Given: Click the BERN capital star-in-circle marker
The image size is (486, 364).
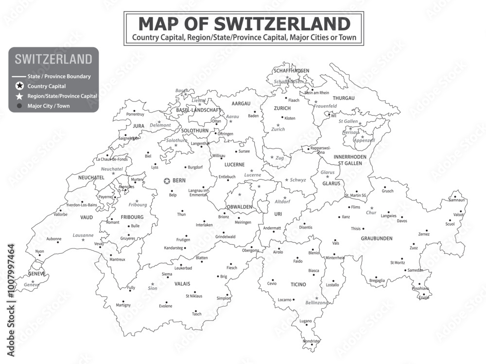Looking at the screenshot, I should click(167, 181).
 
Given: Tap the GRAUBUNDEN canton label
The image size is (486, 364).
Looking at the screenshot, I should click(377, 238).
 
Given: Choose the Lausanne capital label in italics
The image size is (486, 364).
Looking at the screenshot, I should click(83, 235).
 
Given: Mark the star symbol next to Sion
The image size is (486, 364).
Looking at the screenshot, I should click(153, 284).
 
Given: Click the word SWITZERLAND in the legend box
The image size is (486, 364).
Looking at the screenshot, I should click(53, 59).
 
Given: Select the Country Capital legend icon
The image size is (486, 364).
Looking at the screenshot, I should click(19, 86).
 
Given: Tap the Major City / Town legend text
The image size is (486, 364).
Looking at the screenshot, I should click(49, 105).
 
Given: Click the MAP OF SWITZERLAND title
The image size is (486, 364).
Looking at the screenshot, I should click(244, 23).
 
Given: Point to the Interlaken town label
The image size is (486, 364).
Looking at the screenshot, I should click(204, 225).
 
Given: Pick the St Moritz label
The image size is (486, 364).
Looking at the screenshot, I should click(398, 262).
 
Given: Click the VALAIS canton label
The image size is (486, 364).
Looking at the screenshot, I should click(182, 283).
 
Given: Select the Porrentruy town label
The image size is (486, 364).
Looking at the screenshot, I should click(135, 114).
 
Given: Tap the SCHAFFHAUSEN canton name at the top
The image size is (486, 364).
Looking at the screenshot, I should click(291, 70).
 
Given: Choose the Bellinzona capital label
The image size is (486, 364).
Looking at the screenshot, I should click(316, 302).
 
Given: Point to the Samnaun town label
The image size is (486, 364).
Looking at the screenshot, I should click(457, 200).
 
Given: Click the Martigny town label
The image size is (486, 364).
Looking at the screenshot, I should click(123, 305).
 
